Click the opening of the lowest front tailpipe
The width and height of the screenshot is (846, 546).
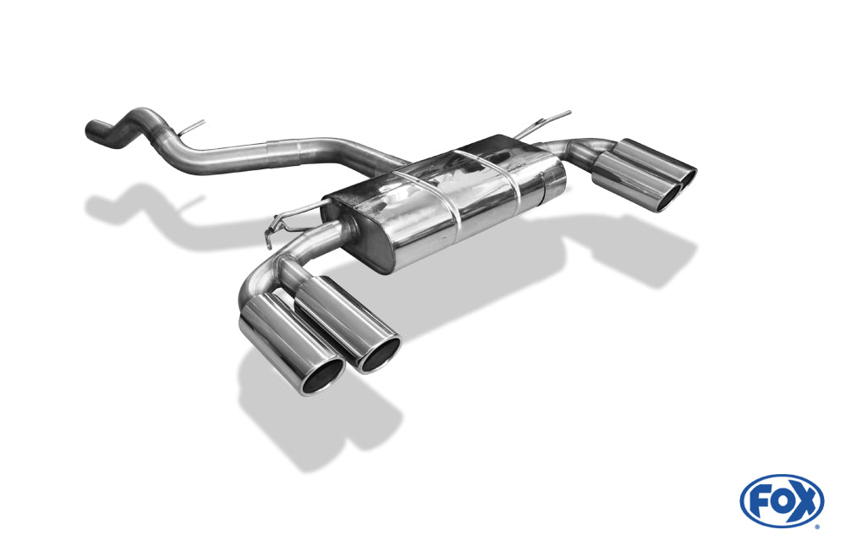coord(322,375)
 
